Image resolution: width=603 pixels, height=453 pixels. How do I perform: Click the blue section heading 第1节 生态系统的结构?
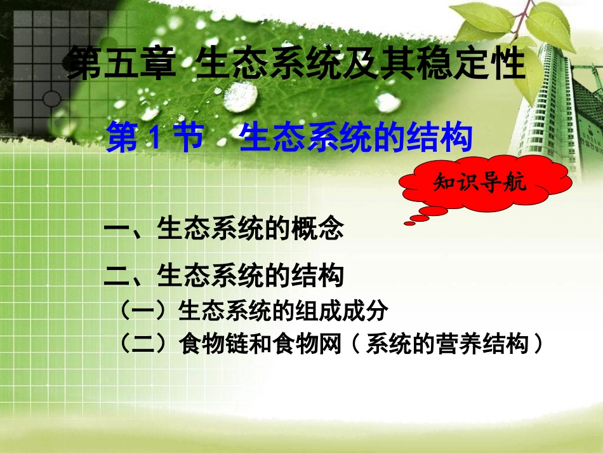(x=289, y=139)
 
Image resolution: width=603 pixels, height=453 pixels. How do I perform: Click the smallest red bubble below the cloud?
(x=408, y=222)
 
